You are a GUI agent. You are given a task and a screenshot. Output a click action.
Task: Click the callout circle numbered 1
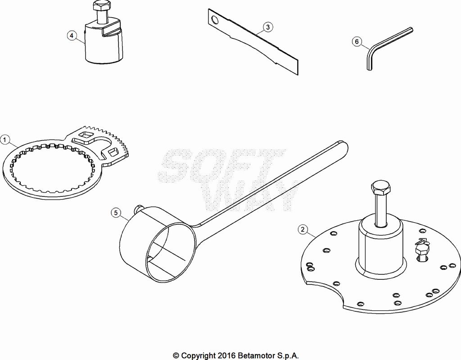click(5, 140)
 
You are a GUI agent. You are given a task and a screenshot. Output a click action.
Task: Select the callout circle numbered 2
click(303, 229)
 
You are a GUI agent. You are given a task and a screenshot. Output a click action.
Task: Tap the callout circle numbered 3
click(267, 27)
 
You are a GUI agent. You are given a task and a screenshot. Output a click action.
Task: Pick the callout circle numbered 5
click(117, 213)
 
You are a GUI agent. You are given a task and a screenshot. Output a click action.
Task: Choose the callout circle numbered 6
click(357, 42)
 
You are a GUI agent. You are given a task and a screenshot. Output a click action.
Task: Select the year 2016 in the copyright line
click(226, 355)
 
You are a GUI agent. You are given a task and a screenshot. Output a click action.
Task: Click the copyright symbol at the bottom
click(176, 355)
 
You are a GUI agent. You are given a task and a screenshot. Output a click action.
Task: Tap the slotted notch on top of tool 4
click(113, 31)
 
